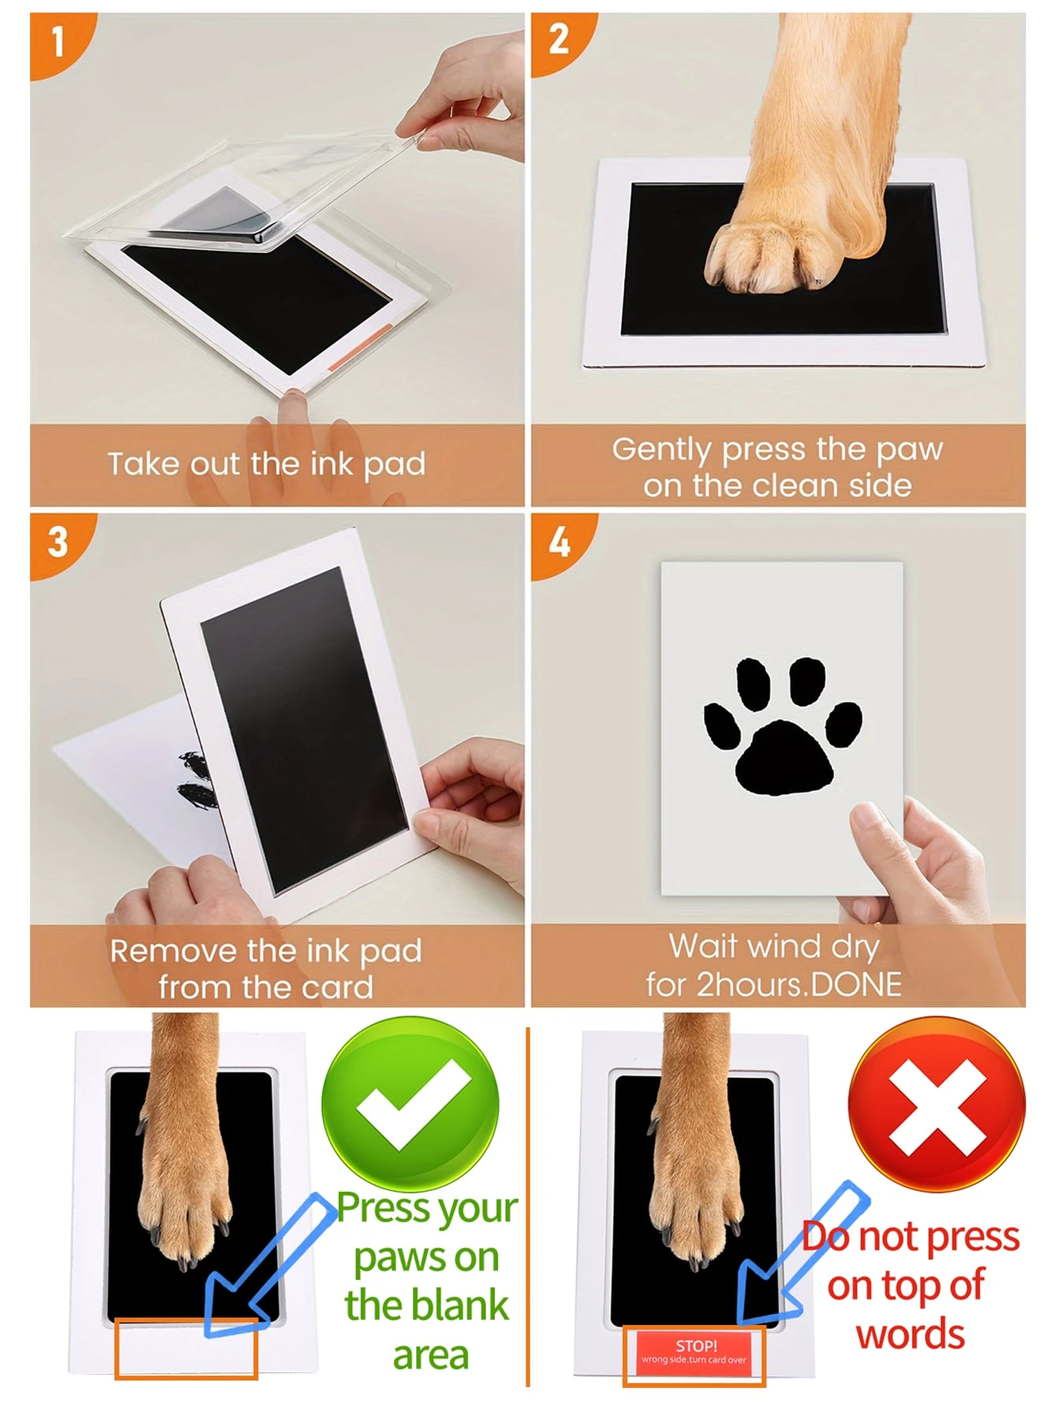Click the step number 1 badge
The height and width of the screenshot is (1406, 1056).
click(x=57, y=41)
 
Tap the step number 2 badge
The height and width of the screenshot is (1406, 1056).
click(x=559, y=39)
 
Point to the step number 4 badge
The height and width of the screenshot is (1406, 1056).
click(x=559, y=543)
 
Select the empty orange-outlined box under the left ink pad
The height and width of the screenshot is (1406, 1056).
click(x=186, y=1349)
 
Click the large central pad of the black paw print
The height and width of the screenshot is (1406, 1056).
click(x=783, y=760)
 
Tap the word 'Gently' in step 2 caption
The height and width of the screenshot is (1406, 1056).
click(x=662, y=450)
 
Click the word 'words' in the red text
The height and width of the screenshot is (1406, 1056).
click(x=910, y=1334)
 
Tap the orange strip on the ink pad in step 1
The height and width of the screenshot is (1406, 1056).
click(x=359, y=347)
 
